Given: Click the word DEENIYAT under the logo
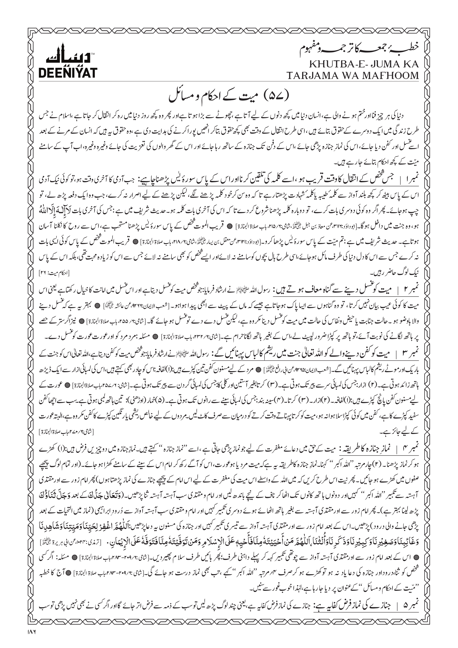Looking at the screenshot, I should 68,73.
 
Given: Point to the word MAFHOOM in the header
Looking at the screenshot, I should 392,76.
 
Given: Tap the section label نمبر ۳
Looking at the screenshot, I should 409,354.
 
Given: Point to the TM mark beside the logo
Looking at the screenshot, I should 93,53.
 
